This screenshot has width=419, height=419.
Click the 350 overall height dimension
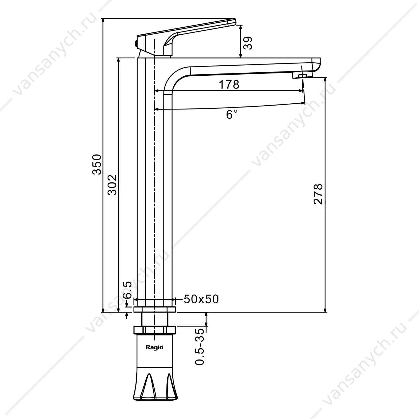97,165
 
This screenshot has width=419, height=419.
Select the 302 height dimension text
112,185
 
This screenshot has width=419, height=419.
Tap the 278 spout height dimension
318,194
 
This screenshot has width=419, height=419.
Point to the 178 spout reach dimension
229,84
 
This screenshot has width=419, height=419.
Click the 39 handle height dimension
248,43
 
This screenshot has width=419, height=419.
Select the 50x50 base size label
201,299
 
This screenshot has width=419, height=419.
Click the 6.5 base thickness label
127,290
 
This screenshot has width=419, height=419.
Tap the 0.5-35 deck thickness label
200,346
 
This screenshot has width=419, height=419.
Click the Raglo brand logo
154,347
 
